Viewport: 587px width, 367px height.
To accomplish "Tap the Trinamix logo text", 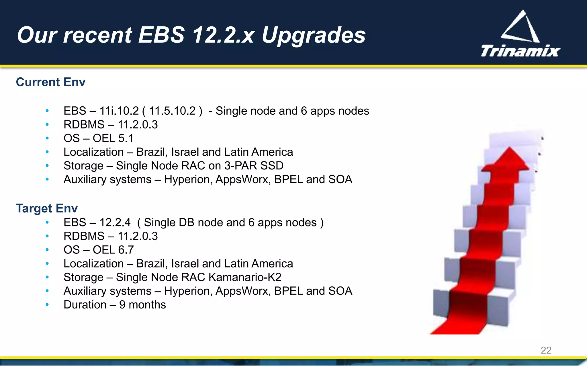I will coord(520,51).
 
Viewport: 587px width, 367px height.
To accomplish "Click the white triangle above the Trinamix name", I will coord(521,27).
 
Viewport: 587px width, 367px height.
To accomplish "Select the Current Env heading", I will coord(50,82).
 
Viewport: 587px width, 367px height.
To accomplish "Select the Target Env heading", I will coord(47,208).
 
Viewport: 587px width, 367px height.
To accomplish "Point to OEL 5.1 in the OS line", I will coord(113,138).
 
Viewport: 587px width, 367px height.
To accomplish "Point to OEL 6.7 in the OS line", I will coord(113,250).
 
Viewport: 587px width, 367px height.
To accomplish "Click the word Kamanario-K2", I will coord(245,277).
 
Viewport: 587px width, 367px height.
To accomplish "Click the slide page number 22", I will coord(546,350).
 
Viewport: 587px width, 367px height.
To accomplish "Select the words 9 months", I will coord(142,305).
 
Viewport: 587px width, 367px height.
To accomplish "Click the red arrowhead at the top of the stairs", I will coord(506,161).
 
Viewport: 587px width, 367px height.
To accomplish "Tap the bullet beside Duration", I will coord(47,304).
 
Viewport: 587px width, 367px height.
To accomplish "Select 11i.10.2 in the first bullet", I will coord(119,111).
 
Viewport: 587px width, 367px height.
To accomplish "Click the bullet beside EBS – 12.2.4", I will coord(47,222).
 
